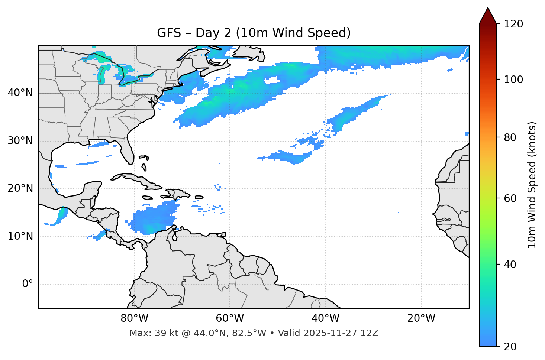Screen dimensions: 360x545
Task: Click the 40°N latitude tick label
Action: pos(20,93)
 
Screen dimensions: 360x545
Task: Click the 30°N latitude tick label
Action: pos(20,141)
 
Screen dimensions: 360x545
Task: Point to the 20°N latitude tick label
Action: pos(20,188)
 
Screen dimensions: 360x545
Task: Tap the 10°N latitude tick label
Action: pos(20,236)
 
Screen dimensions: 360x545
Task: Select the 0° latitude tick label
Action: pos(28,284)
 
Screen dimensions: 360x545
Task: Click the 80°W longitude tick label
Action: pos(134,318)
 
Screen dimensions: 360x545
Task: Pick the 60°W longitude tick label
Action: pos(230,318)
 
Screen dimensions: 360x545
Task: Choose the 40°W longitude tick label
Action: pos(325,318)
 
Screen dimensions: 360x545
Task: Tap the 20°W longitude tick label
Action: pos(421,318)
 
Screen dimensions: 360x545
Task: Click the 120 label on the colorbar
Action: pos(513,24)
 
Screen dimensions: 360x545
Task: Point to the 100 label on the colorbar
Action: pos(513,80)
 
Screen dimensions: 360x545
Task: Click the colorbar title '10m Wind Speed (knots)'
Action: pos(532,185)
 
